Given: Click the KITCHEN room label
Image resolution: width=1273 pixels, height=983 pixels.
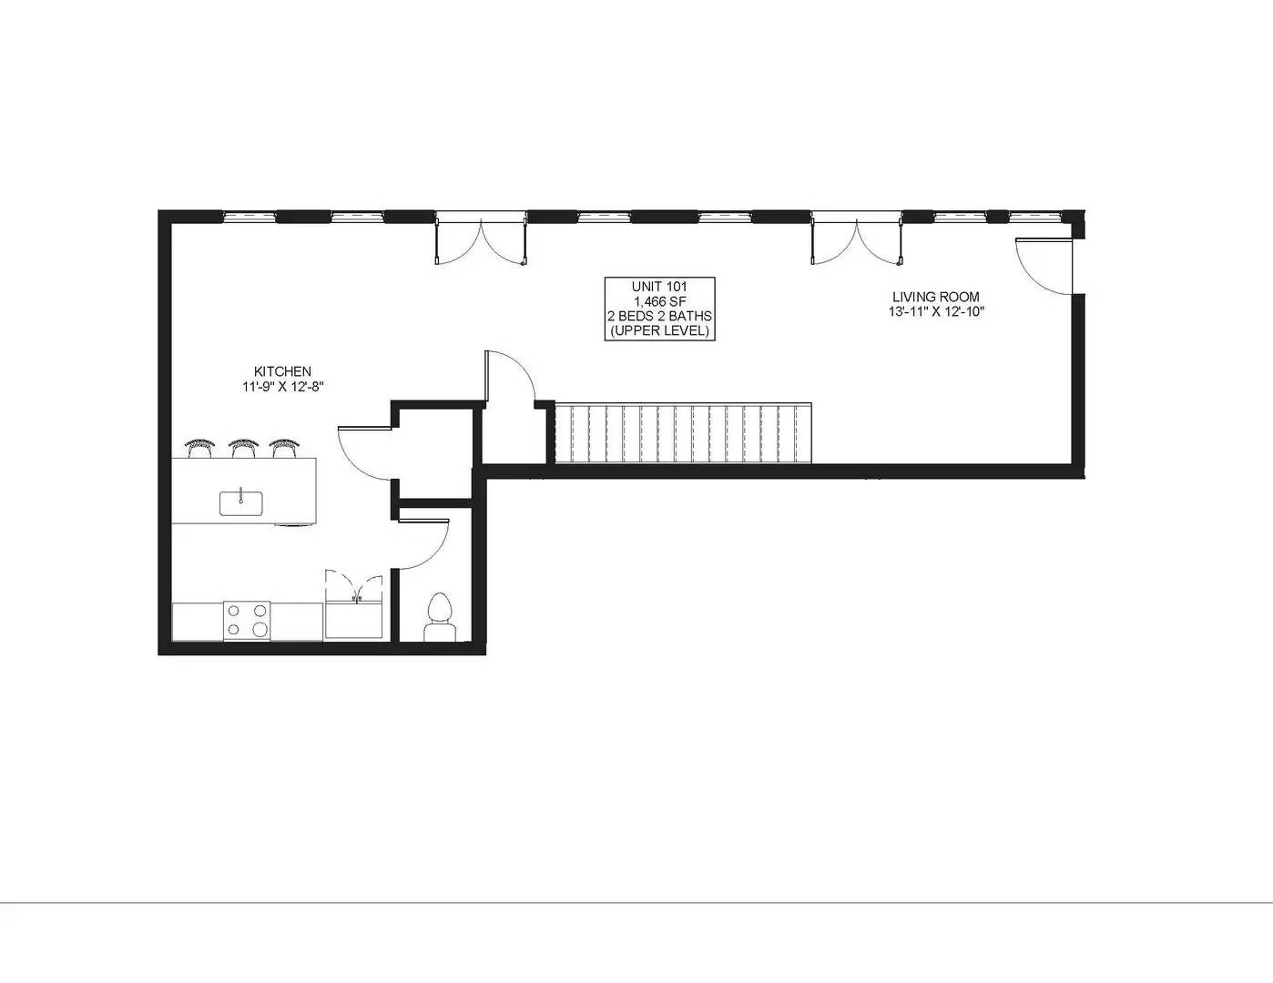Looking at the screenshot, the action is [282, 371].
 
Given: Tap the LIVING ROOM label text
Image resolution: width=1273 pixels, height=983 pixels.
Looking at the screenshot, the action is [935, 297].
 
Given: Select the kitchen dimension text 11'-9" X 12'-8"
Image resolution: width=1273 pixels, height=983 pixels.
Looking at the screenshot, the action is [282, 387].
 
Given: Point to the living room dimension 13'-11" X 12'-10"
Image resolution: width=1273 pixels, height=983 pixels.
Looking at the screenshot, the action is [935, 312].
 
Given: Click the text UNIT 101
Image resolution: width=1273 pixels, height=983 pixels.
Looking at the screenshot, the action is [659, 287].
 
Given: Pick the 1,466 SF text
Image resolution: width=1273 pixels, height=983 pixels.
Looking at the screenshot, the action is [659, 301].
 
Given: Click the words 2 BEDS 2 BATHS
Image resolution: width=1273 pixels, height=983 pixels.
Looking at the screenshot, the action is [659, 316].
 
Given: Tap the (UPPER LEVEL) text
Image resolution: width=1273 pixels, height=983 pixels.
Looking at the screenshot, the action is [659, 330].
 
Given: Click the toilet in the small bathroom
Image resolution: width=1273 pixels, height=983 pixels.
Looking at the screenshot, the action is [440, 616].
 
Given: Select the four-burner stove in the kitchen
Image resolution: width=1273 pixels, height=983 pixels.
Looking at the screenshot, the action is [247, 621].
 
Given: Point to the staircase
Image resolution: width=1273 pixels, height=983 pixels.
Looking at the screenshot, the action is [683, 433].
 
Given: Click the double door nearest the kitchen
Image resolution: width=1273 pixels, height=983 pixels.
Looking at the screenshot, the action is [481, 241].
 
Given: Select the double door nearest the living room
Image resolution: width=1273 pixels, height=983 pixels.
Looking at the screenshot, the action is [857, 241].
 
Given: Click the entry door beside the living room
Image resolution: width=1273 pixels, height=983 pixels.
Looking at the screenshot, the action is [1044, 266].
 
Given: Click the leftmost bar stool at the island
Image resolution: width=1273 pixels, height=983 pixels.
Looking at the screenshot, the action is [199, 447].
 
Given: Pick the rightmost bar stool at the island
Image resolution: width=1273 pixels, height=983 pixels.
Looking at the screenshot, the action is [284, 447].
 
